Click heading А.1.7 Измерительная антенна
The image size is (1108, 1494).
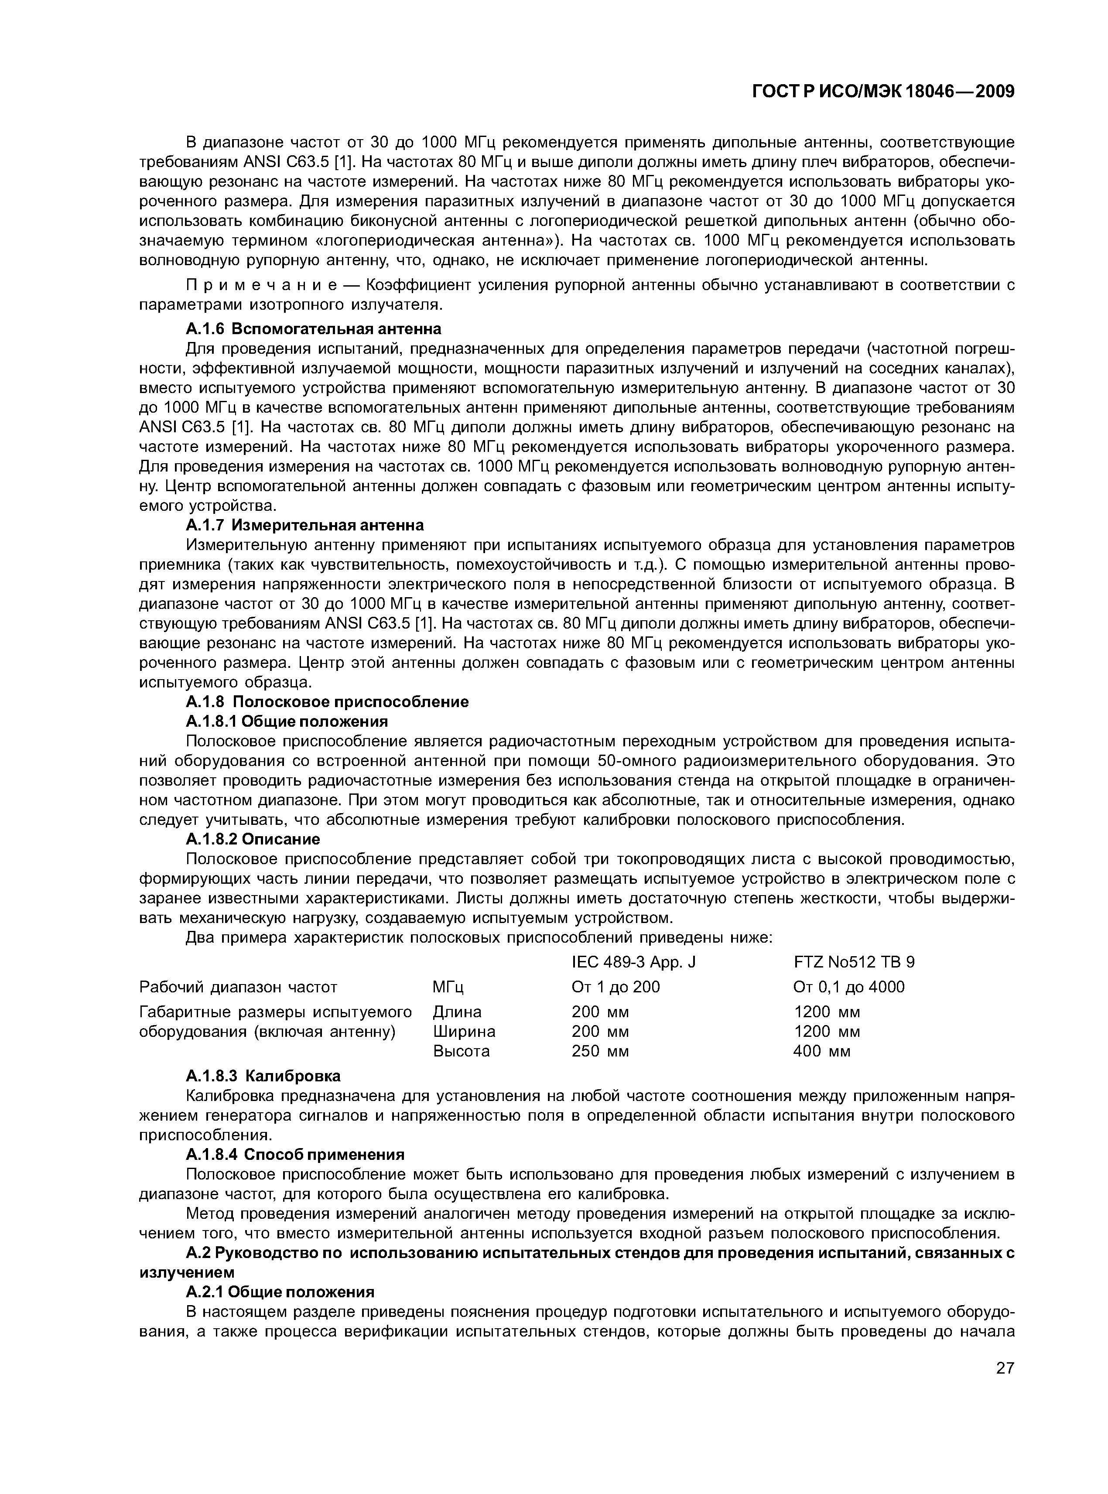click(304, 524)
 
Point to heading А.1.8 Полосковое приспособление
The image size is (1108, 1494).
click(327, 702)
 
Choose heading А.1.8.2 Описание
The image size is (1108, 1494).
click(253, 840)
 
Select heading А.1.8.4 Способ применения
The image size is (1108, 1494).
click(295, 1155)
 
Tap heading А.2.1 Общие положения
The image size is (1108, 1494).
click(280, 1292)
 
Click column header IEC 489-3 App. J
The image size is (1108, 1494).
click(633, 963)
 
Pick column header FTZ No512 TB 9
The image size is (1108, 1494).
click(854, 963)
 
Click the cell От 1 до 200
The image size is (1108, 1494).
click(615, 987)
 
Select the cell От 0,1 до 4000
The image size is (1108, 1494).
click(848, 987)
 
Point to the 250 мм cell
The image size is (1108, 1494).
click(600, 1051)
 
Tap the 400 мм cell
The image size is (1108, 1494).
click(821, 1051)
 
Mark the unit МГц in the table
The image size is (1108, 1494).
click(448, 987)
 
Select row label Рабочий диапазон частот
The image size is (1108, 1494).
click(237, 987)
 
